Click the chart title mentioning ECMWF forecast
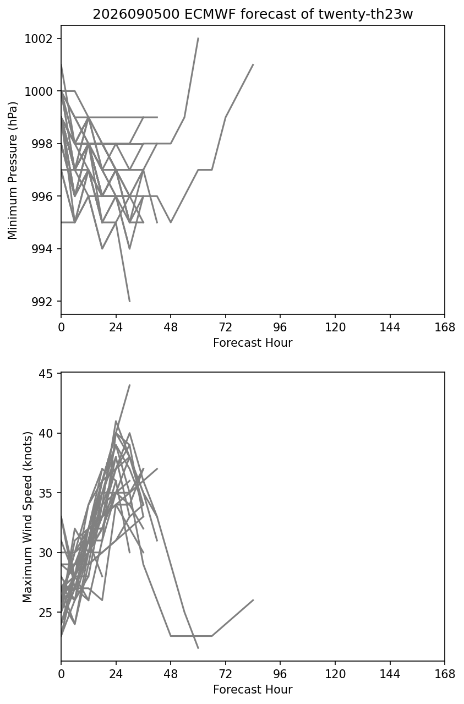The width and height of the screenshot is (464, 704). tap(253, 14)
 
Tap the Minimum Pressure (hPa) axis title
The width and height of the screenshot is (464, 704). tap(13, 170)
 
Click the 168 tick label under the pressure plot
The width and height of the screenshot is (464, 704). tap(445, 328)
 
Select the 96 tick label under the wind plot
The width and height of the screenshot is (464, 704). tap(280, 674)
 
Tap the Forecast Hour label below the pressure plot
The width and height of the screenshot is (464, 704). tap(253, 342)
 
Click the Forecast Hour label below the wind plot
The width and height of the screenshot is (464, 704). tap(253, 690)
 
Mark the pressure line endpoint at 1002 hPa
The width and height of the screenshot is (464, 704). tap(198, 39)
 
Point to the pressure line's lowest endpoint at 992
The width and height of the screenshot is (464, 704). tap(129, 302)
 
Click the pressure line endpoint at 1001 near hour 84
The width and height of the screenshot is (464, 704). tap(253, 64)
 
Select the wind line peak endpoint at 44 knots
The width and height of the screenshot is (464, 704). tap(129, 385)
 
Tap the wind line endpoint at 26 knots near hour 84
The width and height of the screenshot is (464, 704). tap(253, 600)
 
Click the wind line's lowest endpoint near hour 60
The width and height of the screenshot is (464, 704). tap(198, 648)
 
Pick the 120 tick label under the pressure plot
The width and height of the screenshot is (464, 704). tap(335, 328)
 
